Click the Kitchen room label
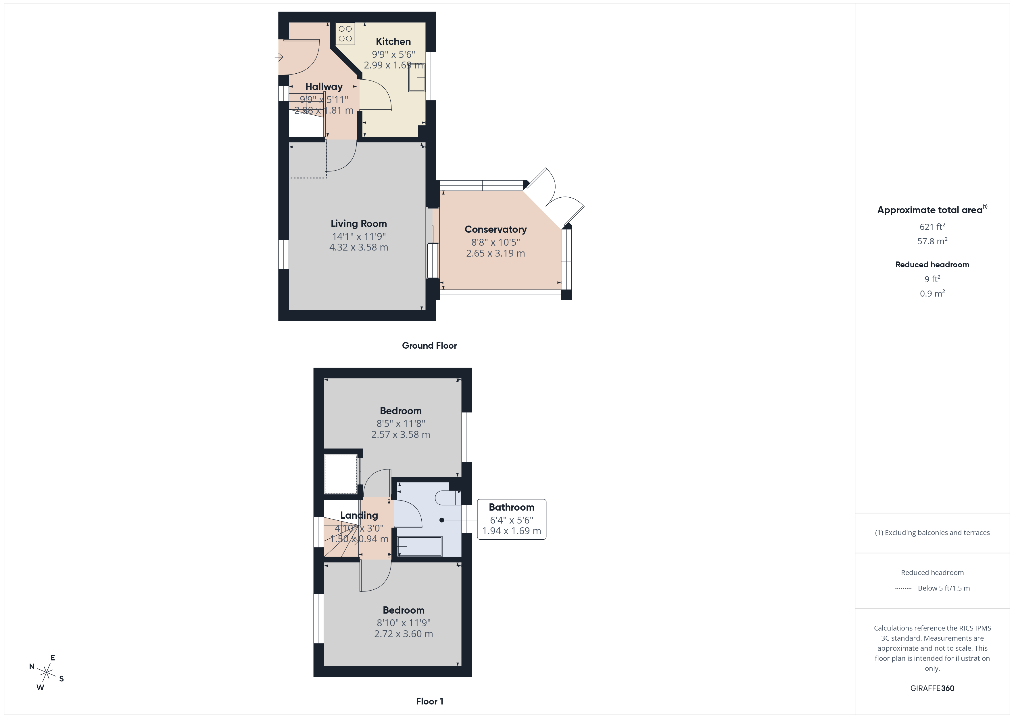pyautogui.click(x=393, y=41)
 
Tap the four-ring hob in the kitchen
pyautogui.click(x=345, y=34)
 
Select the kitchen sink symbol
pyautogui.click(x=416, y=78)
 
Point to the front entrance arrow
pyautogui.click(x=279, y=57)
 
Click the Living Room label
pyautogui.click(x=359, y=224)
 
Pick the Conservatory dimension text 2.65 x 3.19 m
pyautogui.click(x=496, y=253)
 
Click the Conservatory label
pyautogui.click(x=496, y=230)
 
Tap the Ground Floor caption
pyautogui.click(x=429, y=346)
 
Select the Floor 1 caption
pyautogui.click(x=429, y=701)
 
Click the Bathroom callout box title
pyautogui.click(x=511, y=507)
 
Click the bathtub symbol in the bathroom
pyautogui.click(x=420, y=547)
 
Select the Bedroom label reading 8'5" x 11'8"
pyautogui.click(x=401, y=411)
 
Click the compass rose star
pyautogui.click(x=46, y=673)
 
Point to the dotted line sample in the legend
pyautogui.click(x=903, y=589)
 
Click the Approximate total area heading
pyautogui.click(x=930, y=210)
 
